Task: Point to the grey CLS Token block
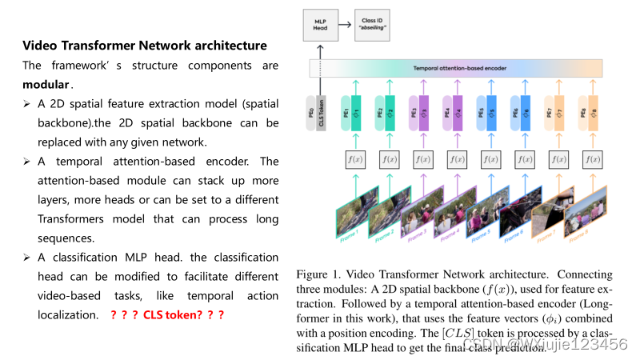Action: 320,111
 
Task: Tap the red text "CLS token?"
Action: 171,315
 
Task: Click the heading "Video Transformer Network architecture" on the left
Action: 144,45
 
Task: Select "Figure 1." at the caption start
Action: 318,274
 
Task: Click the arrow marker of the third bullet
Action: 26,258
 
